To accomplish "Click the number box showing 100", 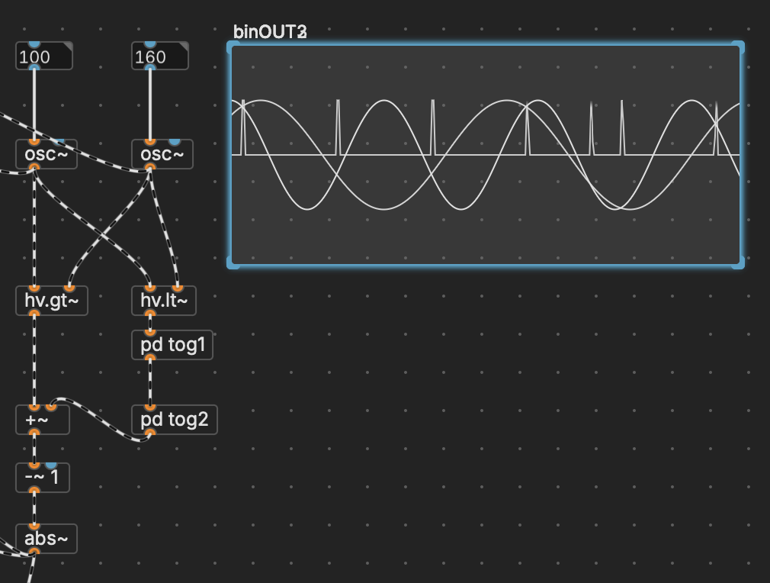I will [43, 57].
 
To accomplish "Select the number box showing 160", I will [159, 57].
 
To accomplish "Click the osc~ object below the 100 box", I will [46, 155].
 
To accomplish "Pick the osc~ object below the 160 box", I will [162, 155].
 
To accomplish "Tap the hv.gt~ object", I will [51, 301].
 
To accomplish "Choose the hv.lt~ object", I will [164, 301].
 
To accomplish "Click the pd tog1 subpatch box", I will [172, 346].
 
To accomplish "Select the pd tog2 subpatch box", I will [174, 420].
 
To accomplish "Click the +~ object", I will [42, 420].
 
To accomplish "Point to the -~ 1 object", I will [42, 478].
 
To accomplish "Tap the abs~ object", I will [46, 539].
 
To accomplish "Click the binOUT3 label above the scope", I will [270, 31].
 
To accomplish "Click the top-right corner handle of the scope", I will [737, 47].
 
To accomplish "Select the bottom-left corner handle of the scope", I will [233, 263].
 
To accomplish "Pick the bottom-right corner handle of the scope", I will [737, 263].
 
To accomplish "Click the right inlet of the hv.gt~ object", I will [69, 288].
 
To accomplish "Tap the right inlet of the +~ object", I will [51, 407].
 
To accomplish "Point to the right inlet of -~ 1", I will [51, 465].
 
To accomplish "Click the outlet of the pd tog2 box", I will [149, 433].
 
